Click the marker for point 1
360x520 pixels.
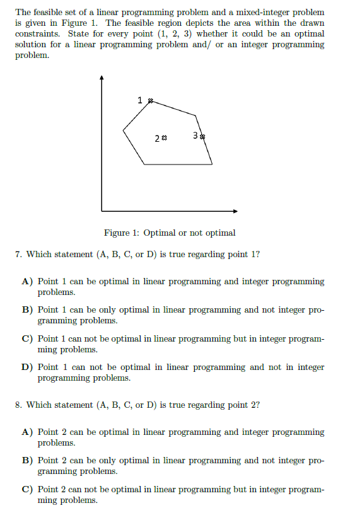point(149,100)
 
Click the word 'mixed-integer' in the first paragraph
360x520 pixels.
point(259,12)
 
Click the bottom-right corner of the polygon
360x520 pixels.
point(212,164)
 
